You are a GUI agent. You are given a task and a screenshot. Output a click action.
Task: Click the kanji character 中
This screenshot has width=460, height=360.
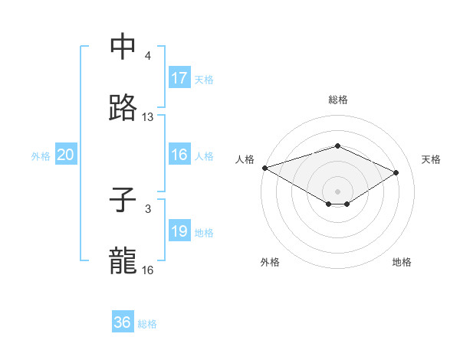(x=123, y=46)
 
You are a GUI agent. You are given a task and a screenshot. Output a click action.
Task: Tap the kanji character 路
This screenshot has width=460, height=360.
(x=123, y=108)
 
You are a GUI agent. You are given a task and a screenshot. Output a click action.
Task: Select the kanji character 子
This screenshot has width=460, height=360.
(x=123, y=200)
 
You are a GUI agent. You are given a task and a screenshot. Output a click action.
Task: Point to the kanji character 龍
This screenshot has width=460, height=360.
(x=123, y=261)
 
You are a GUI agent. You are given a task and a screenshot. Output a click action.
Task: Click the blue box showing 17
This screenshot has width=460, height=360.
(x=179, y=78)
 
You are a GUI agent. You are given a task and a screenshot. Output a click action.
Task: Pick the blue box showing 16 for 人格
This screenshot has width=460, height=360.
(x=179, y=155)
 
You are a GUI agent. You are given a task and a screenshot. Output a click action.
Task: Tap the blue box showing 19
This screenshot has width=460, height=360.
(x=179, y=231)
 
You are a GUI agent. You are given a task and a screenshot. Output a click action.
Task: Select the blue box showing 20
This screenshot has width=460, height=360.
(x=66, y=155)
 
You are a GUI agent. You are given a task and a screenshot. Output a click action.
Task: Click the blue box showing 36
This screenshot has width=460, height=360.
(x=123, y=322)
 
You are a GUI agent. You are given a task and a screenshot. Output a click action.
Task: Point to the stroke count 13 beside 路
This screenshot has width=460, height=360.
(x=148, y=117)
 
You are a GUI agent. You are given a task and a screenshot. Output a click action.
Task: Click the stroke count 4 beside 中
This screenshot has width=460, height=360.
(x=148, y=56)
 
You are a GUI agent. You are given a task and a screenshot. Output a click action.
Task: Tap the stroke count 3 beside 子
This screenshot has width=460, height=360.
(x=148, y=209)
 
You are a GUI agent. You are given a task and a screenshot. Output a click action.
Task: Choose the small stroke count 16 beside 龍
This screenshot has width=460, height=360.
(x=148, y=270)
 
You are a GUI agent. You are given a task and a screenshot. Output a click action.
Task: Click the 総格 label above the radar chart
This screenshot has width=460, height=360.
(x=338, y=100)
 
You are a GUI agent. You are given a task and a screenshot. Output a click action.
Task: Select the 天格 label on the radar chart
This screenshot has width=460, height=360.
(x=431, y=159)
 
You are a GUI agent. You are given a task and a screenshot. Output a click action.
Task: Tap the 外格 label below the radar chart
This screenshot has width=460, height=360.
(x=270, y=262)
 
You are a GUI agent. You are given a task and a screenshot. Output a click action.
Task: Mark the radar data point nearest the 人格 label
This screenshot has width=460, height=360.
(x=264, y=168)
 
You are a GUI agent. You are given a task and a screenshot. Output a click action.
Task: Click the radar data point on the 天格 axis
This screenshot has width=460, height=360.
(x=396, y=172)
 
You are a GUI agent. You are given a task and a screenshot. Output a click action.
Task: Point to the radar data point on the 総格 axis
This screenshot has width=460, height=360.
(x=337, y=146)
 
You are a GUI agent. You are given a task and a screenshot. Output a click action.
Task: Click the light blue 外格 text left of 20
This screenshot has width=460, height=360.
(x=41, y=155)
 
